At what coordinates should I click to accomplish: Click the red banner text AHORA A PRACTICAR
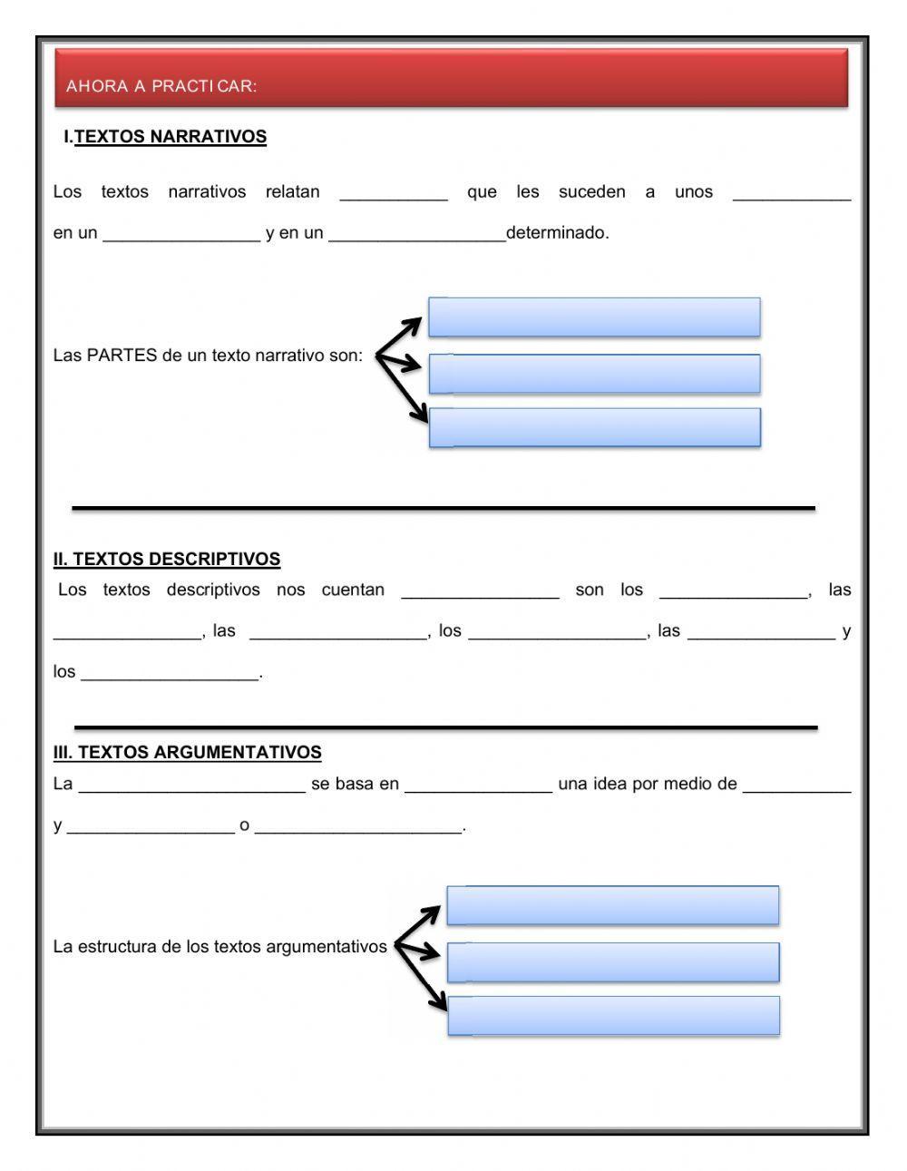[x=161, y=86]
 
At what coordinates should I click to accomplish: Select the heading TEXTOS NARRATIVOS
[x=170, y=137]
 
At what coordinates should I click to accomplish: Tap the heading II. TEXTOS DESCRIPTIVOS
[x=167, y=559]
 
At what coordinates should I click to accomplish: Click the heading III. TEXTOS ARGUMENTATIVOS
[x=187, y=752]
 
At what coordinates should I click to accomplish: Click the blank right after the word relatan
[x=394, y=194]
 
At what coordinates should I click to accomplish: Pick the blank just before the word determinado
[x=417, y=236]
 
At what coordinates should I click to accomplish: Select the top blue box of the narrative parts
[x=594, y=317]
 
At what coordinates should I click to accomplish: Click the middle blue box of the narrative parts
[x=594, y=374]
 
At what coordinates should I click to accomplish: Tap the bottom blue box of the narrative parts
[x=594, y=428]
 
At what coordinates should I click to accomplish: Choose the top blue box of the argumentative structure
[x=612, y=905]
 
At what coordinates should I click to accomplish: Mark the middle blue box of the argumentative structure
[x=612, y=962]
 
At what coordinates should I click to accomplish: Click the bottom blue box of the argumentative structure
[x=612, y=1016]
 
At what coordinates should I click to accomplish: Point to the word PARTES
[x=122, y=355]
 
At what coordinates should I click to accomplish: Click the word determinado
[x=557, y=233]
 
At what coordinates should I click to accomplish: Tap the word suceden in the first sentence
[x=591, y=192]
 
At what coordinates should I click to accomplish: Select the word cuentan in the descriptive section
[x=353, y=590]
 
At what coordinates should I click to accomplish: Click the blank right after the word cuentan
[x=480, y=592]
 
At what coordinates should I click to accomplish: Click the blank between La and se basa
[x=191, y=786]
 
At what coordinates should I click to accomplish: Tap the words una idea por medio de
[x=648, y=784]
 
